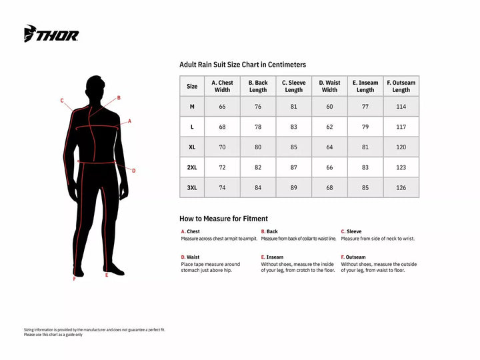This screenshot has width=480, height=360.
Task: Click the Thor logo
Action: pos(51,34)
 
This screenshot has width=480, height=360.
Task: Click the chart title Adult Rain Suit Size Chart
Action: pos(243,65)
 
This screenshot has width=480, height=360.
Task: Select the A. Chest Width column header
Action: pos(222,86)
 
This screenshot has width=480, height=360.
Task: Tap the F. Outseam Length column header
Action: pos(401,86)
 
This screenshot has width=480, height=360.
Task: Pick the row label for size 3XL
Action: pos(192,188)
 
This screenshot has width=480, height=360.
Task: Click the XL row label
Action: pos(192,147)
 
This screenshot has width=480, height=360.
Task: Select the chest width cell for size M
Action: pos(222,107)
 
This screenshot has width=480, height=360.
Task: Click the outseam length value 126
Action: pos(401,188)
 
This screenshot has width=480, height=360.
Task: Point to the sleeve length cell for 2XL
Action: pos(293,167)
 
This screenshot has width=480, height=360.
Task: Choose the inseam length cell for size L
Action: pos(365,127)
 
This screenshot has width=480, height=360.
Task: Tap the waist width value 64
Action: pos(329,147)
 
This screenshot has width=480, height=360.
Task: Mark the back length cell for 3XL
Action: pos(258,188)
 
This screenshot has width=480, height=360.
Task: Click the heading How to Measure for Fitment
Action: pos(223,219)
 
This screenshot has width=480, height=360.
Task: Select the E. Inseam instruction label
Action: pos(272,257)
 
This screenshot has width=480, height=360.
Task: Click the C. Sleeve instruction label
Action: pos(351,231)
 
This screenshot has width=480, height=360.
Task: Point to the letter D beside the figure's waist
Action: pos(134,171)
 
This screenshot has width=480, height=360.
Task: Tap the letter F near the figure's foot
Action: pos(74,279)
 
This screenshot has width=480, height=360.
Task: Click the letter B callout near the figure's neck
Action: pos(119,98)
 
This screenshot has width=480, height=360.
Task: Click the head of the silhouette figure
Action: pos(97,87)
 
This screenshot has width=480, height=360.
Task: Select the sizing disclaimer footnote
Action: pos(94,332)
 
